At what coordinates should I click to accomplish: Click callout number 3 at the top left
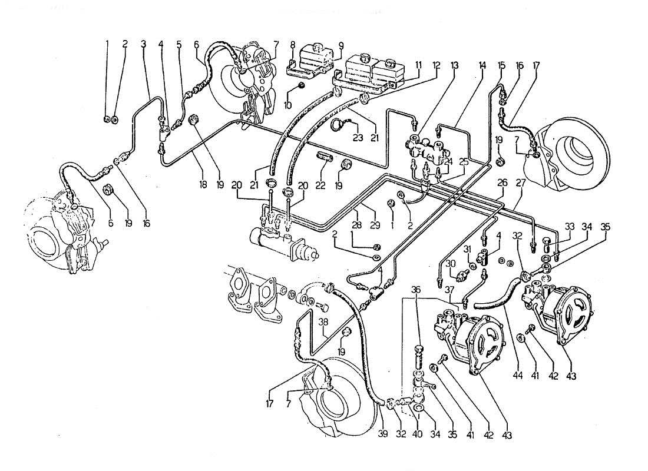[x=143, y=44]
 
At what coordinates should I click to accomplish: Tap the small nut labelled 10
[x=300, y=87]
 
